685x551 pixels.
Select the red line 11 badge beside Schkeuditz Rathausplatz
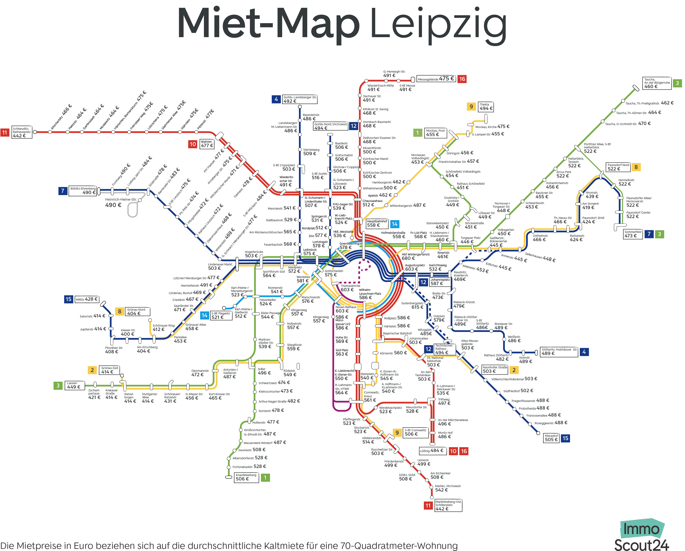(4, 132)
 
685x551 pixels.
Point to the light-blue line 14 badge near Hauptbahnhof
(395, 224)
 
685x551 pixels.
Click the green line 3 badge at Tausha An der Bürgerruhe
(677, 83)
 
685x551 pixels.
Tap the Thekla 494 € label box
(486, 107)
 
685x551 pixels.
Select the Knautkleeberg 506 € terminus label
(246, 477)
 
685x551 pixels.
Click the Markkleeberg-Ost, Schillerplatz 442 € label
(448, 506)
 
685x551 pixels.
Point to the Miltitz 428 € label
(86, 299)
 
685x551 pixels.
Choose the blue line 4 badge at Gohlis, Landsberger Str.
(276, 99)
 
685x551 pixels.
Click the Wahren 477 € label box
(207, 144)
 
